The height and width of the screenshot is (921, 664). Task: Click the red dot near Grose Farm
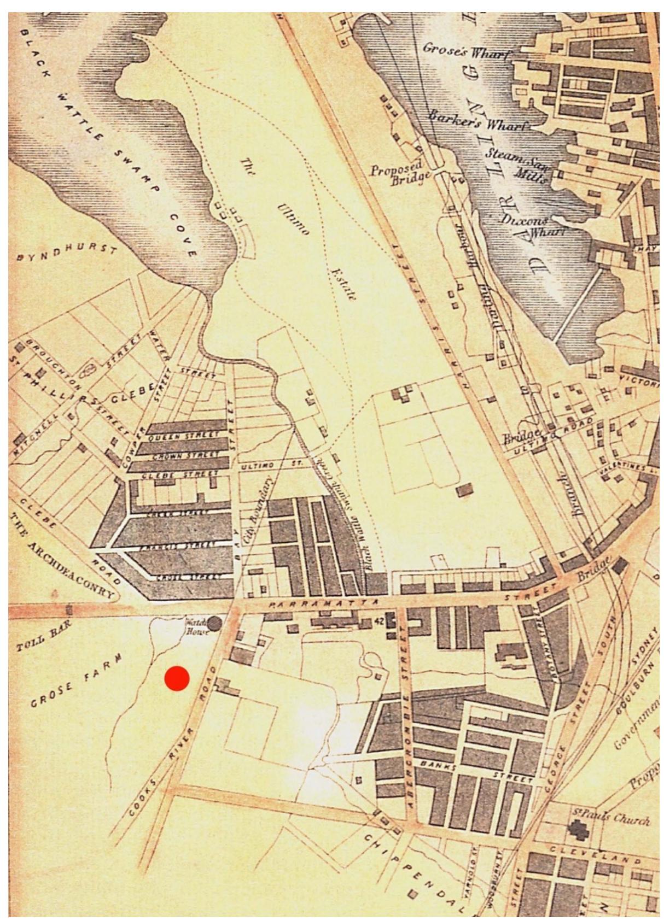pyautogui.click(x=177, y=678)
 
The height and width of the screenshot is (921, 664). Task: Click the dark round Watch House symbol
pyautogui.click(x=215, y=623)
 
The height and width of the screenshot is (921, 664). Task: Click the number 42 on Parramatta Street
pyautogui.click(x=379, y=620)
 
